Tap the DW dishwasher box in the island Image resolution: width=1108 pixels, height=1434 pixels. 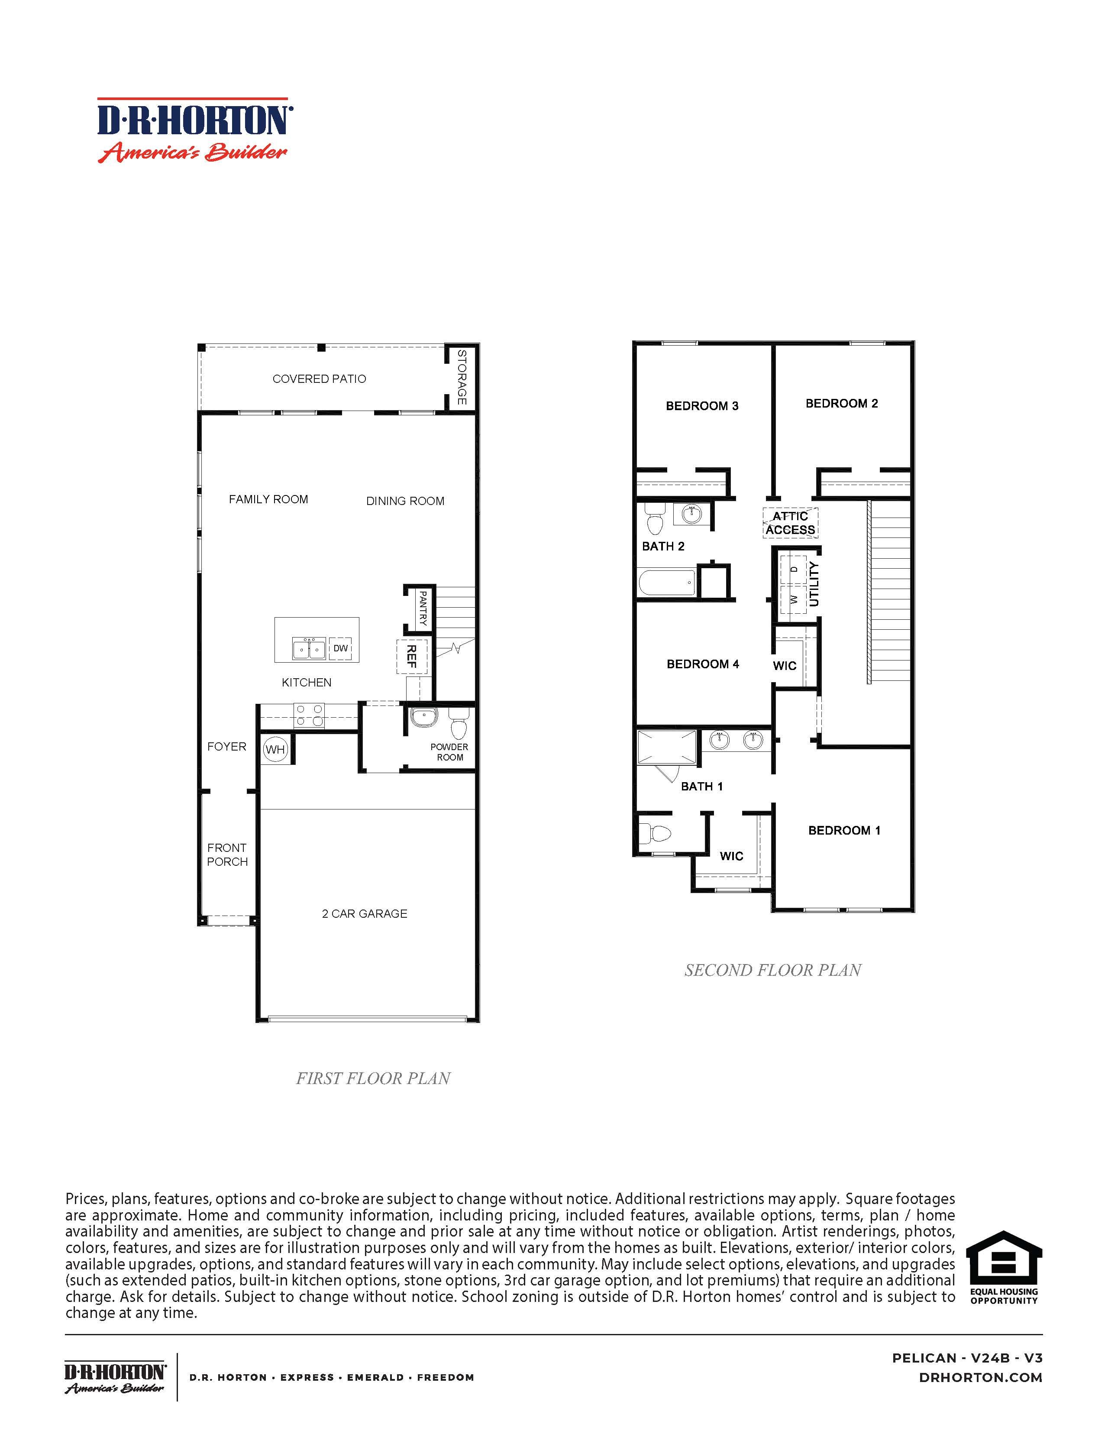(340, 648)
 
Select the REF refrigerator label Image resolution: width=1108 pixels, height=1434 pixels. (412, 656)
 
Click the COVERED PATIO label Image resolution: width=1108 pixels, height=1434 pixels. (319, 379)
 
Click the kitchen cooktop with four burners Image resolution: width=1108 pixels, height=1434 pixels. (309, 715)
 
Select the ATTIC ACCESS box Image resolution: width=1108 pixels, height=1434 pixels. (790, 523)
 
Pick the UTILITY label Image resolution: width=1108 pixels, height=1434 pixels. (814, 584)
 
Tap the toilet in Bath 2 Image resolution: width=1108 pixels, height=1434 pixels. (654, 520)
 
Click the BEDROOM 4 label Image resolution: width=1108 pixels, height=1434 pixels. (702, 664)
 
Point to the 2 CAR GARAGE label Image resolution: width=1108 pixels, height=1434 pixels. (364, 913)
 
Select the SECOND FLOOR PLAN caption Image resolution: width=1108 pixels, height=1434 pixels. (772, 970)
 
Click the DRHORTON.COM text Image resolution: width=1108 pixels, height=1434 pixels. (981, 1378)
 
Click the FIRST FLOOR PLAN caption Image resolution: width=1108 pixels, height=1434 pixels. (373, 1078)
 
